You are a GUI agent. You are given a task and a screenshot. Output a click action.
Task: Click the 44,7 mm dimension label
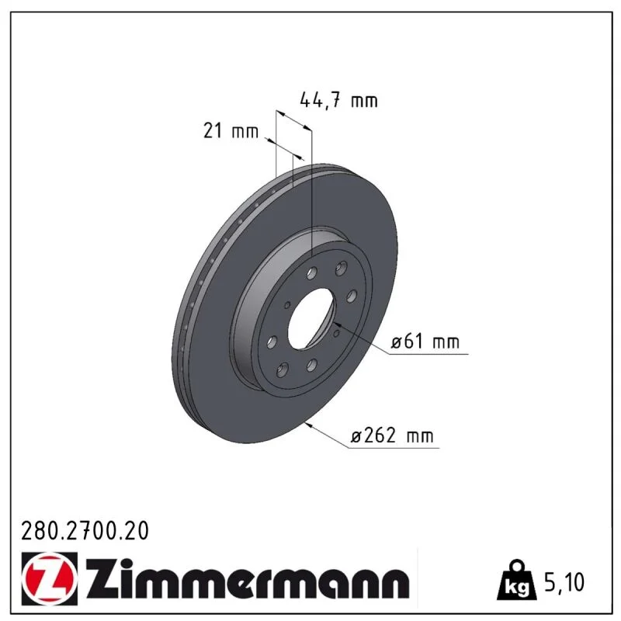pyautogui.click(x=338, y=100)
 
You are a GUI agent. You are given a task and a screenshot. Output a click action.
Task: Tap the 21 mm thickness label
pyautogui.click(x=231, y=130)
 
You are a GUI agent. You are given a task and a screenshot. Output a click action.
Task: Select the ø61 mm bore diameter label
pyautogui.click(x=425, y=342)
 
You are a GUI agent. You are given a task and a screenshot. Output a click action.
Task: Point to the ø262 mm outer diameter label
pyautogui.click(x=392, y=436)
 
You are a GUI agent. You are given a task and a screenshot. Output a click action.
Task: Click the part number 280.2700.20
pyautogui.click(x=85, y=531)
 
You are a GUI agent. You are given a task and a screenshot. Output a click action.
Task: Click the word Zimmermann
pyautogui.click(x=247, y=578)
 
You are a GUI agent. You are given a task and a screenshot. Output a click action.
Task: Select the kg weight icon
pyautogui.click(x=517, y=581)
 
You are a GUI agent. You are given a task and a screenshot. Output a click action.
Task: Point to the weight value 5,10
pyautogui.click(x=564, y=581)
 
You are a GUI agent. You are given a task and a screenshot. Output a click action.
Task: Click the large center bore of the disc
pyautogui.click(x=312, y=319)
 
